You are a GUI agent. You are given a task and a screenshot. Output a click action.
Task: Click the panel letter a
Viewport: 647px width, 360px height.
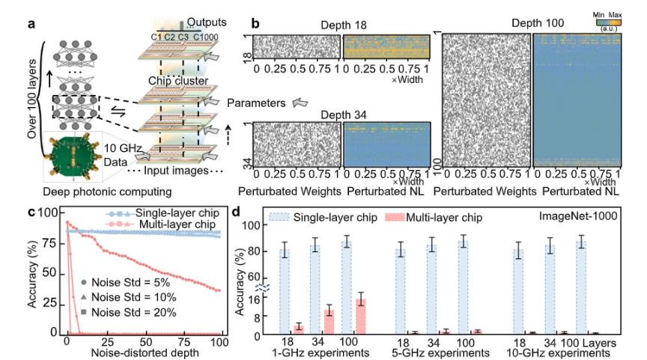tap(32, 23)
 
